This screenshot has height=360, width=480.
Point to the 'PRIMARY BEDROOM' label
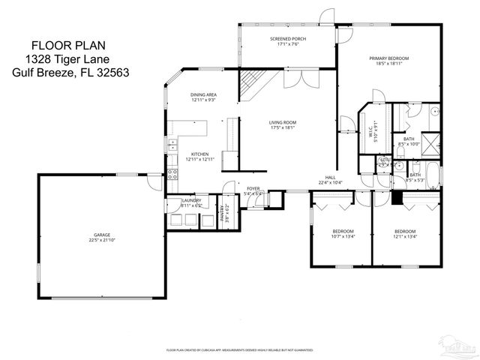point(388,58)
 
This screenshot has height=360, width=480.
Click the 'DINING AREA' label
point(203,94)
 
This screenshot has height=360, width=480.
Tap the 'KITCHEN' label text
point(199,153)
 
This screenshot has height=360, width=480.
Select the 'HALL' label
point(329,177)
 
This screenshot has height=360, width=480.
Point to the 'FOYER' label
point(253,188)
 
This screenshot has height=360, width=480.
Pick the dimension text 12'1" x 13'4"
point(405,235)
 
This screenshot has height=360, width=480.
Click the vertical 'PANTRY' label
point(223,214)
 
